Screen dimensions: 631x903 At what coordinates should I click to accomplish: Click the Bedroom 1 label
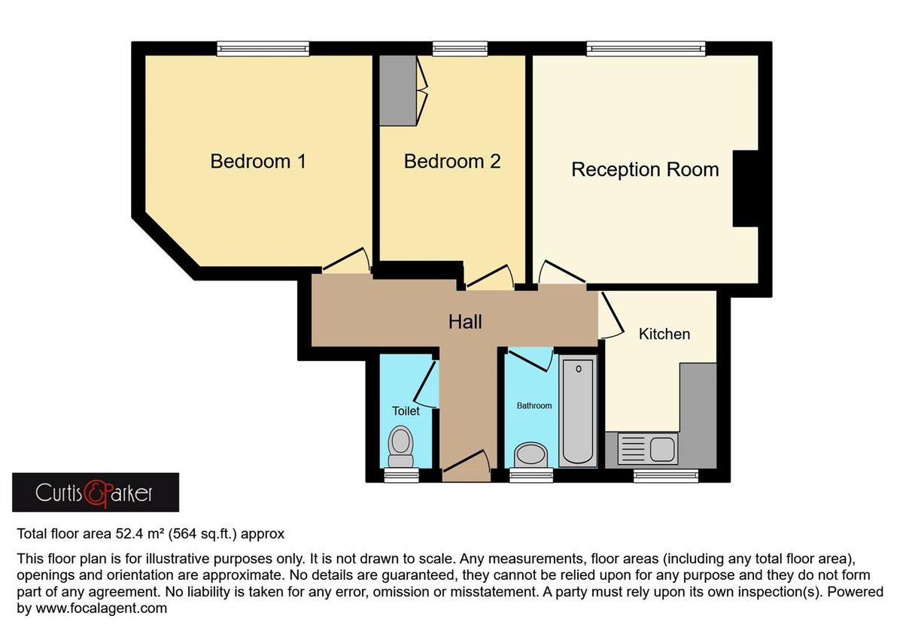[258, 161]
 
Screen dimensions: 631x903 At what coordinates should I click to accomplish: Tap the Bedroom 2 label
[451, 161]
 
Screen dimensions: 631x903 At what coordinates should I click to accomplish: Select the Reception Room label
[645, 169]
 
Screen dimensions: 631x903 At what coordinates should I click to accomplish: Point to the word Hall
[465, 322]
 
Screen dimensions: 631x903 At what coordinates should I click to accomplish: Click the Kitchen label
[664, 334]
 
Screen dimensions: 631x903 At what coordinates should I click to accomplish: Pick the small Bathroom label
[534, 405]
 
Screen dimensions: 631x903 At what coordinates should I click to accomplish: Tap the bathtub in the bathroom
[578, 411]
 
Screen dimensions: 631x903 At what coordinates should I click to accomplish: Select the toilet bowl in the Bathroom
[531, 454]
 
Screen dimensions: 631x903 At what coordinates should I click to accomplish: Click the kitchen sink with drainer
[646, 449]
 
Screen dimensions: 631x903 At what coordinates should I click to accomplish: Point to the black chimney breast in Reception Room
[746, 188]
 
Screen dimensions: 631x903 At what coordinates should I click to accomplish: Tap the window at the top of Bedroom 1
[253, 49]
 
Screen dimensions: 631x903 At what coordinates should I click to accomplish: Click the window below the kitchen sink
[664, 475]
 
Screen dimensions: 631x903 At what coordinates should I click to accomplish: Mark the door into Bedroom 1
[346, 261]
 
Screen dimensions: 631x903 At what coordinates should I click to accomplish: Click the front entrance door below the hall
[466, 463]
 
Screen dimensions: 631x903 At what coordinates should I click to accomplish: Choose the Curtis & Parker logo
[96, 493]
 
